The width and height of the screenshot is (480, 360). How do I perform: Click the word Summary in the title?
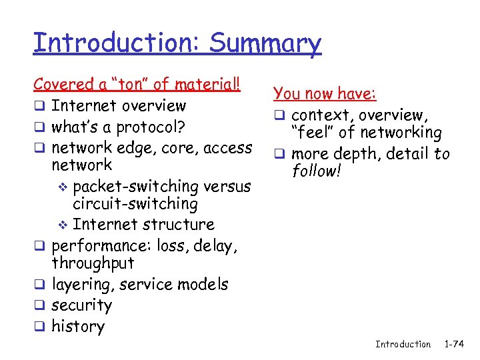point(265,43)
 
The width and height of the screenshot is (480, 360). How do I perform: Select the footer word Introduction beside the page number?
point(403,344)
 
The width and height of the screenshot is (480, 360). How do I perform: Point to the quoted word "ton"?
point(131,84)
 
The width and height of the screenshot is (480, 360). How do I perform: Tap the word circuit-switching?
point(135,204)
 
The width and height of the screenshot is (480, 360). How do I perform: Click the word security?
point(81,305)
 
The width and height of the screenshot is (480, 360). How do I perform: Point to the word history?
point(78,326)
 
